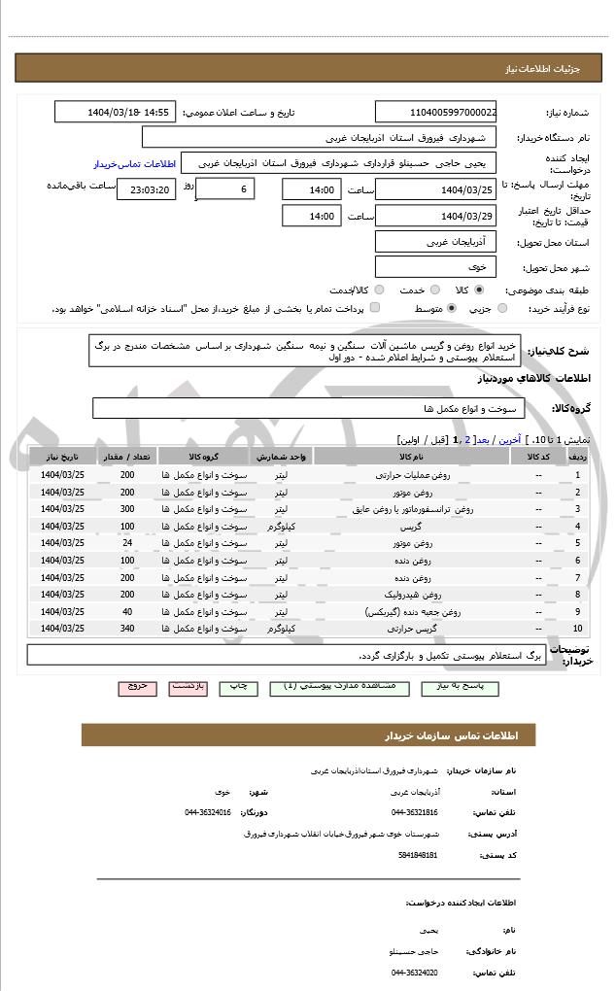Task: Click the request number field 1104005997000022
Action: [436, 113]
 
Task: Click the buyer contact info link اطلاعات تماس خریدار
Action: [133, 164]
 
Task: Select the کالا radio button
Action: [479, 290]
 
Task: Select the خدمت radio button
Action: [433, 290]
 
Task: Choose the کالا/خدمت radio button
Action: [379, 290]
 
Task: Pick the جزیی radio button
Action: [501, 308]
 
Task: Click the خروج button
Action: [137, 686]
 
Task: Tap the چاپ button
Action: [237, 686]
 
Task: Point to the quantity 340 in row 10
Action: [127, 629]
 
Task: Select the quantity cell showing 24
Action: [127, 542]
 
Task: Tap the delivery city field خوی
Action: [435, 266]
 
